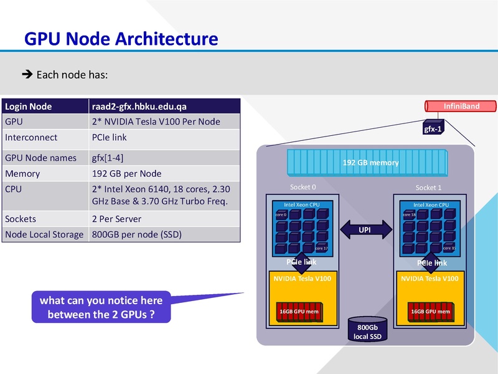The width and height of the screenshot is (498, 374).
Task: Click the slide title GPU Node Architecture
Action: tap(121, 39)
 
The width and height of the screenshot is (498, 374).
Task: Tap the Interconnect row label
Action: tap(31, 137)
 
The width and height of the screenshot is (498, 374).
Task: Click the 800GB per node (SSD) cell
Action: tap(136, 234)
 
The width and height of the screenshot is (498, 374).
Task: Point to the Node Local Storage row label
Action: tap(44, 234)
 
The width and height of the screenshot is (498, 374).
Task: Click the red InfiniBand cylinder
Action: tap(461, 107)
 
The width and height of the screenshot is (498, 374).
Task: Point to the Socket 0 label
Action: tap(303, 187)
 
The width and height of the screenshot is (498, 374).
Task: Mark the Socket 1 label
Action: tap(428, 188)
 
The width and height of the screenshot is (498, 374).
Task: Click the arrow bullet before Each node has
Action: tap(27, 75)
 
